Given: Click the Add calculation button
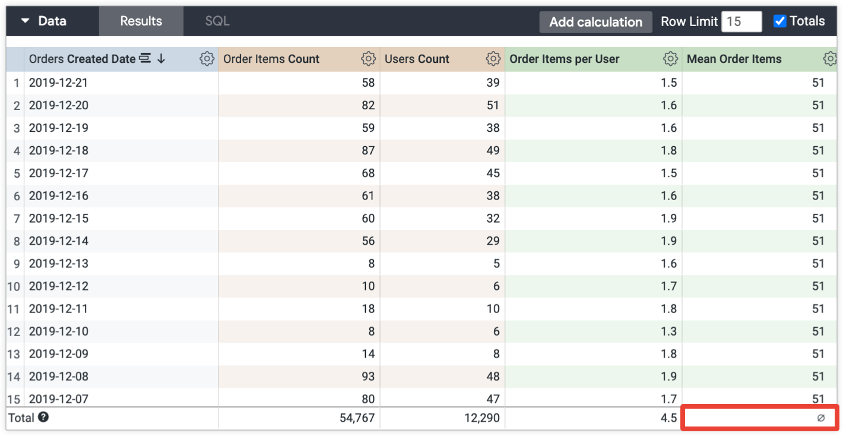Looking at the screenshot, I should tap(595, 22).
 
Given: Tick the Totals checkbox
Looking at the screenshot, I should tap(780, 21).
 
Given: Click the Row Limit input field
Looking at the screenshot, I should tap(741, 21).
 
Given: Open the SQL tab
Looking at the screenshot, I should tap(217, 21).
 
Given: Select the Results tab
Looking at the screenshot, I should tap(141, 21).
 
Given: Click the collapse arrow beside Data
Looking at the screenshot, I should tap(25, 21).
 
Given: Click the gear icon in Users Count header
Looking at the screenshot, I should tap(493, 59).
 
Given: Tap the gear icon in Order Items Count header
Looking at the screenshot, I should tap(368, 59).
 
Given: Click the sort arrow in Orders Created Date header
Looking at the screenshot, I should tap(161, 59).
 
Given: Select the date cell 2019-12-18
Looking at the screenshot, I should tap(58, 151).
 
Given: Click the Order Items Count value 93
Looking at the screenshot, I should tap(367, 377).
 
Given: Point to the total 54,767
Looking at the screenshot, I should tap(357, 418).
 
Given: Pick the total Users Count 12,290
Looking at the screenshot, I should tap(481, 418).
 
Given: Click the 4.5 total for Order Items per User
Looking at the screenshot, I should tap(668, 418).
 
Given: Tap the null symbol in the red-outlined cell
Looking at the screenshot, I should tap(820, 418).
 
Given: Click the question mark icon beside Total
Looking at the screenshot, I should tap(43, 418).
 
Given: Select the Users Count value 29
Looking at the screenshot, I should tap(493, 241).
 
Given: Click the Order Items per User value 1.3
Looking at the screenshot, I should tap(668, 331).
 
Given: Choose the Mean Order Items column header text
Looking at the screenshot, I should tap(734, 59).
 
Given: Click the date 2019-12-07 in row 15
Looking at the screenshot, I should tap(58, 399).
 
